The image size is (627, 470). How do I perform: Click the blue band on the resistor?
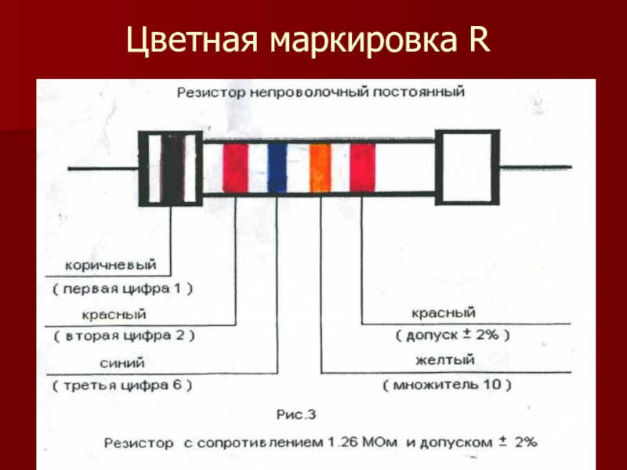(277, 168)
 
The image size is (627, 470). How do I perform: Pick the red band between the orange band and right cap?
(361, 168)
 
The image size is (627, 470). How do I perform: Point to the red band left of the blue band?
(235, 168)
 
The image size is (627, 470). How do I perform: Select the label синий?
(122, 363)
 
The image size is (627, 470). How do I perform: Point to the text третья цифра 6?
(123, 386)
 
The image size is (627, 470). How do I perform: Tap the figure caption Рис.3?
(296, 411)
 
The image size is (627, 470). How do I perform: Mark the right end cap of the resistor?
(467, 168)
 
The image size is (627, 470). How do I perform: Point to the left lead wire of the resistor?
(102, 168)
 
